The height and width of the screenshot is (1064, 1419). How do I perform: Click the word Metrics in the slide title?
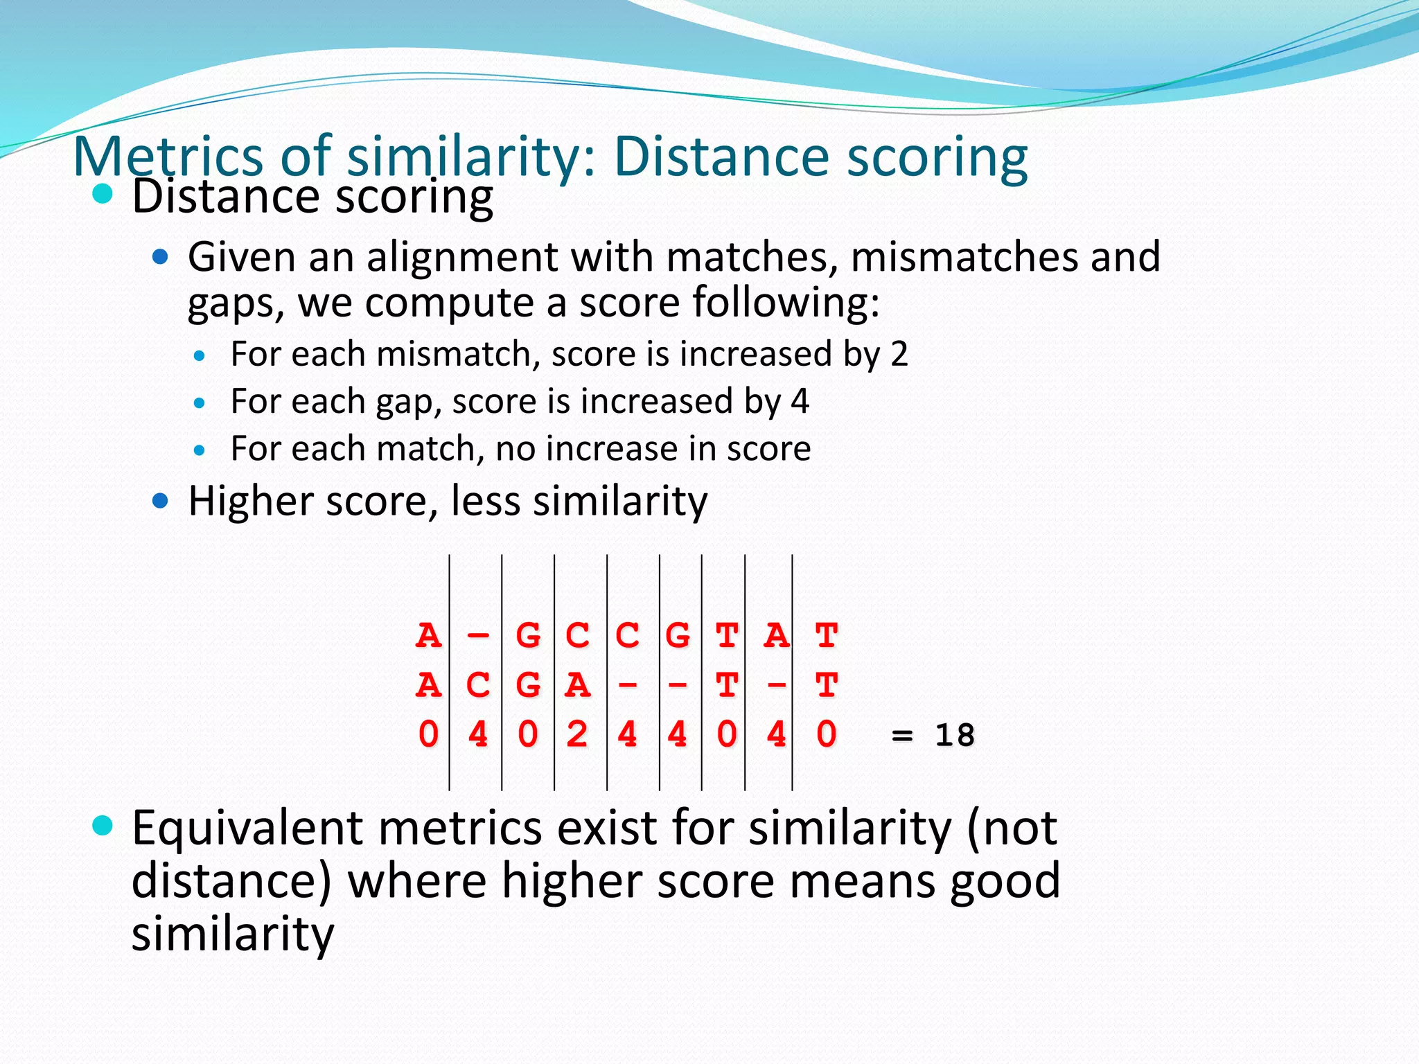(167, 157)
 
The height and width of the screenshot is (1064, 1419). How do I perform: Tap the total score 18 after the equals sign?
(955, 735)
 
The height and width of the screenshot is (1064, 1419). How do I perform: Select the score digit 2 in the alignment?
(577, 734)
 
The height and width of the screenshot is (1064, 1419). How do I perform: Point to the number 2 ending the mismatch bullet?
(899, 354)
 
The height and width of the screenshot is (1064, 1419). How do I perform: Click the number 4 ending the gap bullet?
(800, 401)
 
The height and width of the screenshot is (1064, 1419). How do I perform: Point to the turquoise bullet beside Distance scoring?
(103, 194)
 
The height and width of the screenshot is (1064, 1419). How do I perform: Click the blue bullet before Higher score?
(160, 500)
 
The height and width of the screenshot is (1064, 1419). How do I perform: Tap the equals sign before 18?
(902, 736)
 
